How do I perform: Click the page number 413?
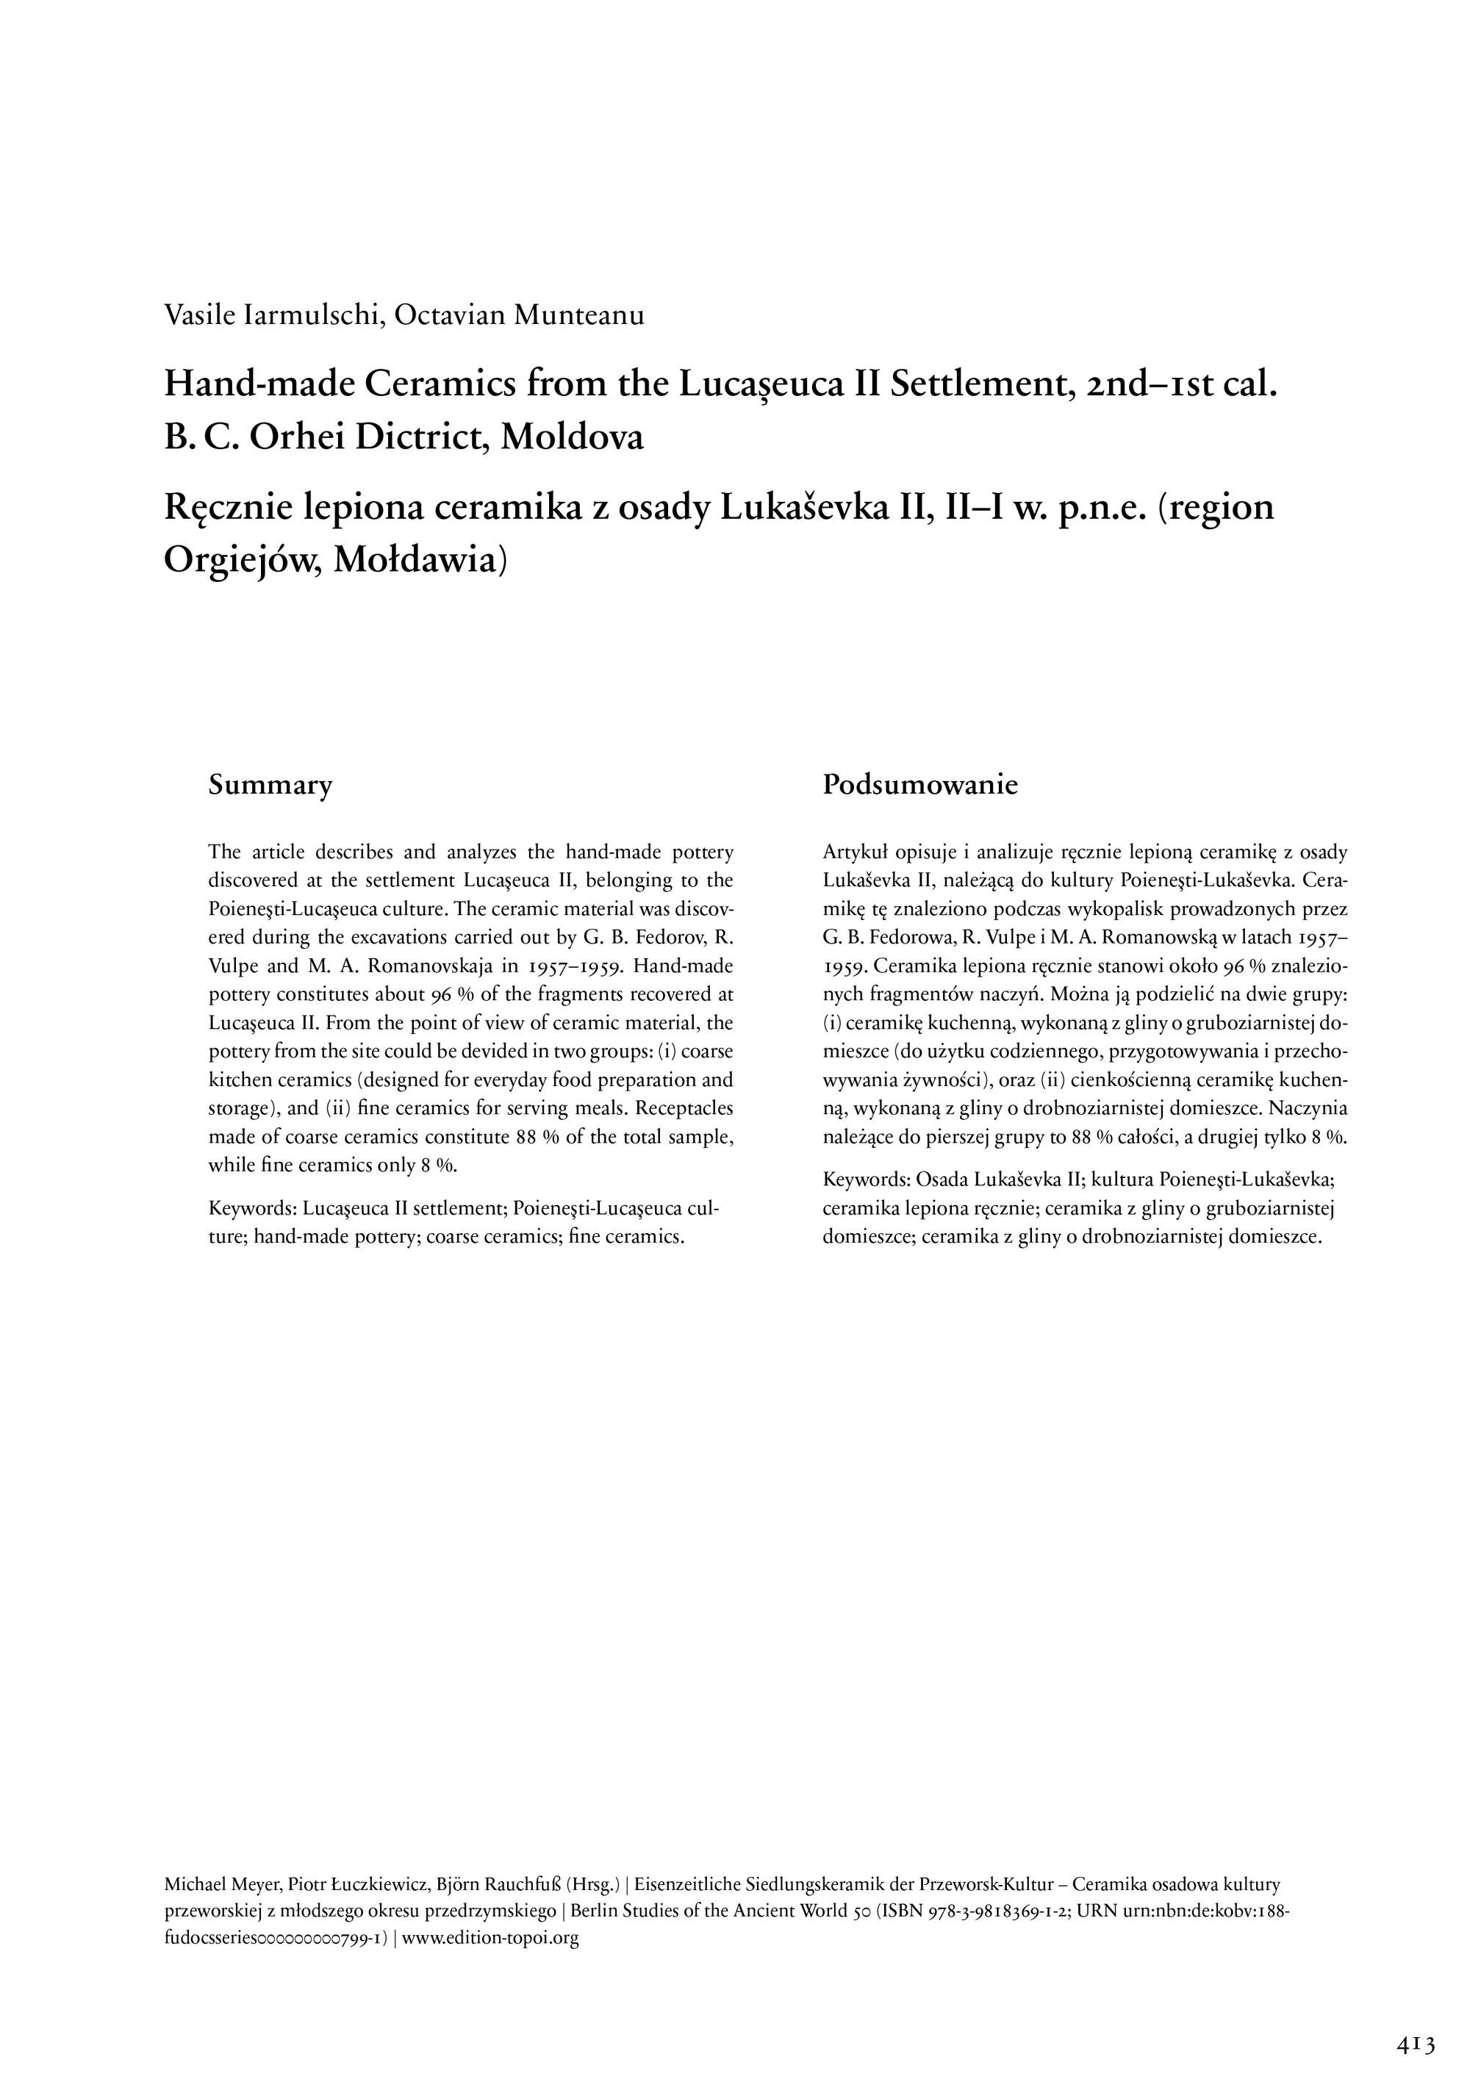1416,2046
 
